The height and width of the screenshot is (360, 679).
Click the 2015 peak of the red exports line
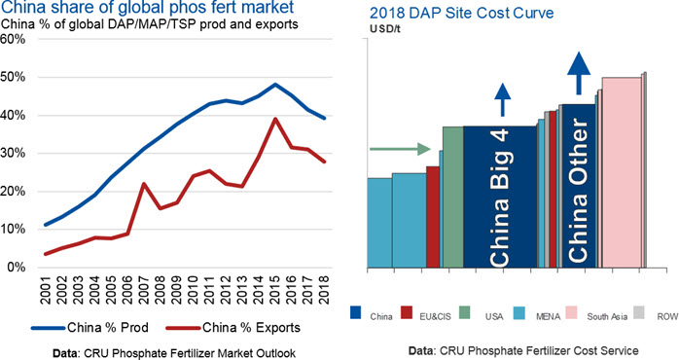(275, 119)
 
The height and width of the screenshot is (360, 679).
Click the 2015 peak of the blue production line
(275, 84)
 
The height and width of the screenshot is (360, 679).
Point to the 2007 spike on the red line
(144, 184)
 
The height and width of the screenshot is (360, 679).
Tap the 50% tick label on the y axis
(13, 78)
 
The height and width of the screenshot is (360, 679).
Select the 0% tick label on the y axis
(16, 268)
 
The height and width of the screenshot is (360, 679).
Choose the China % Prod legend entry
(90, 328)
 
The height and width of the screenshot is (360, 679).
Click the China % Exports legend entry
(232, 328)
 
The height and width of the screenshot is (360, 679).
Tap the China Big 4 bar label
(499, 198)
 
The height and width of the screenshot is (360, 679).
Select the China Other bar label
(578, 191)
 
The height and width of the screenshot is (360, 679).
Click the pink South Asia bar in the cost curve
(622, 172)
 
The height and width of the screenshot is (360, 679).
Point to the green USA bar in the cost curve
(453, 198)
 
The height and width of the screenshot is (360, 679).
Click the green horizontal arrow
(400, 149)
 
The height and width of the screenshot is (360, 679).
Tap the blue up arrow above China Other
(579, 73)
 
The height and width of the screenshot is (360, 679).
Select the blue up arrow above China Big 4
(502, 99)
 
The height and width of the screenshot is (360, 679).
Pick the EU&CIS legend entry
(426, 313)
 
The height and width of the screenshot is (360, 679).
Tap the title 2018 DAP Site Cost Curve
(462, 13)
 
